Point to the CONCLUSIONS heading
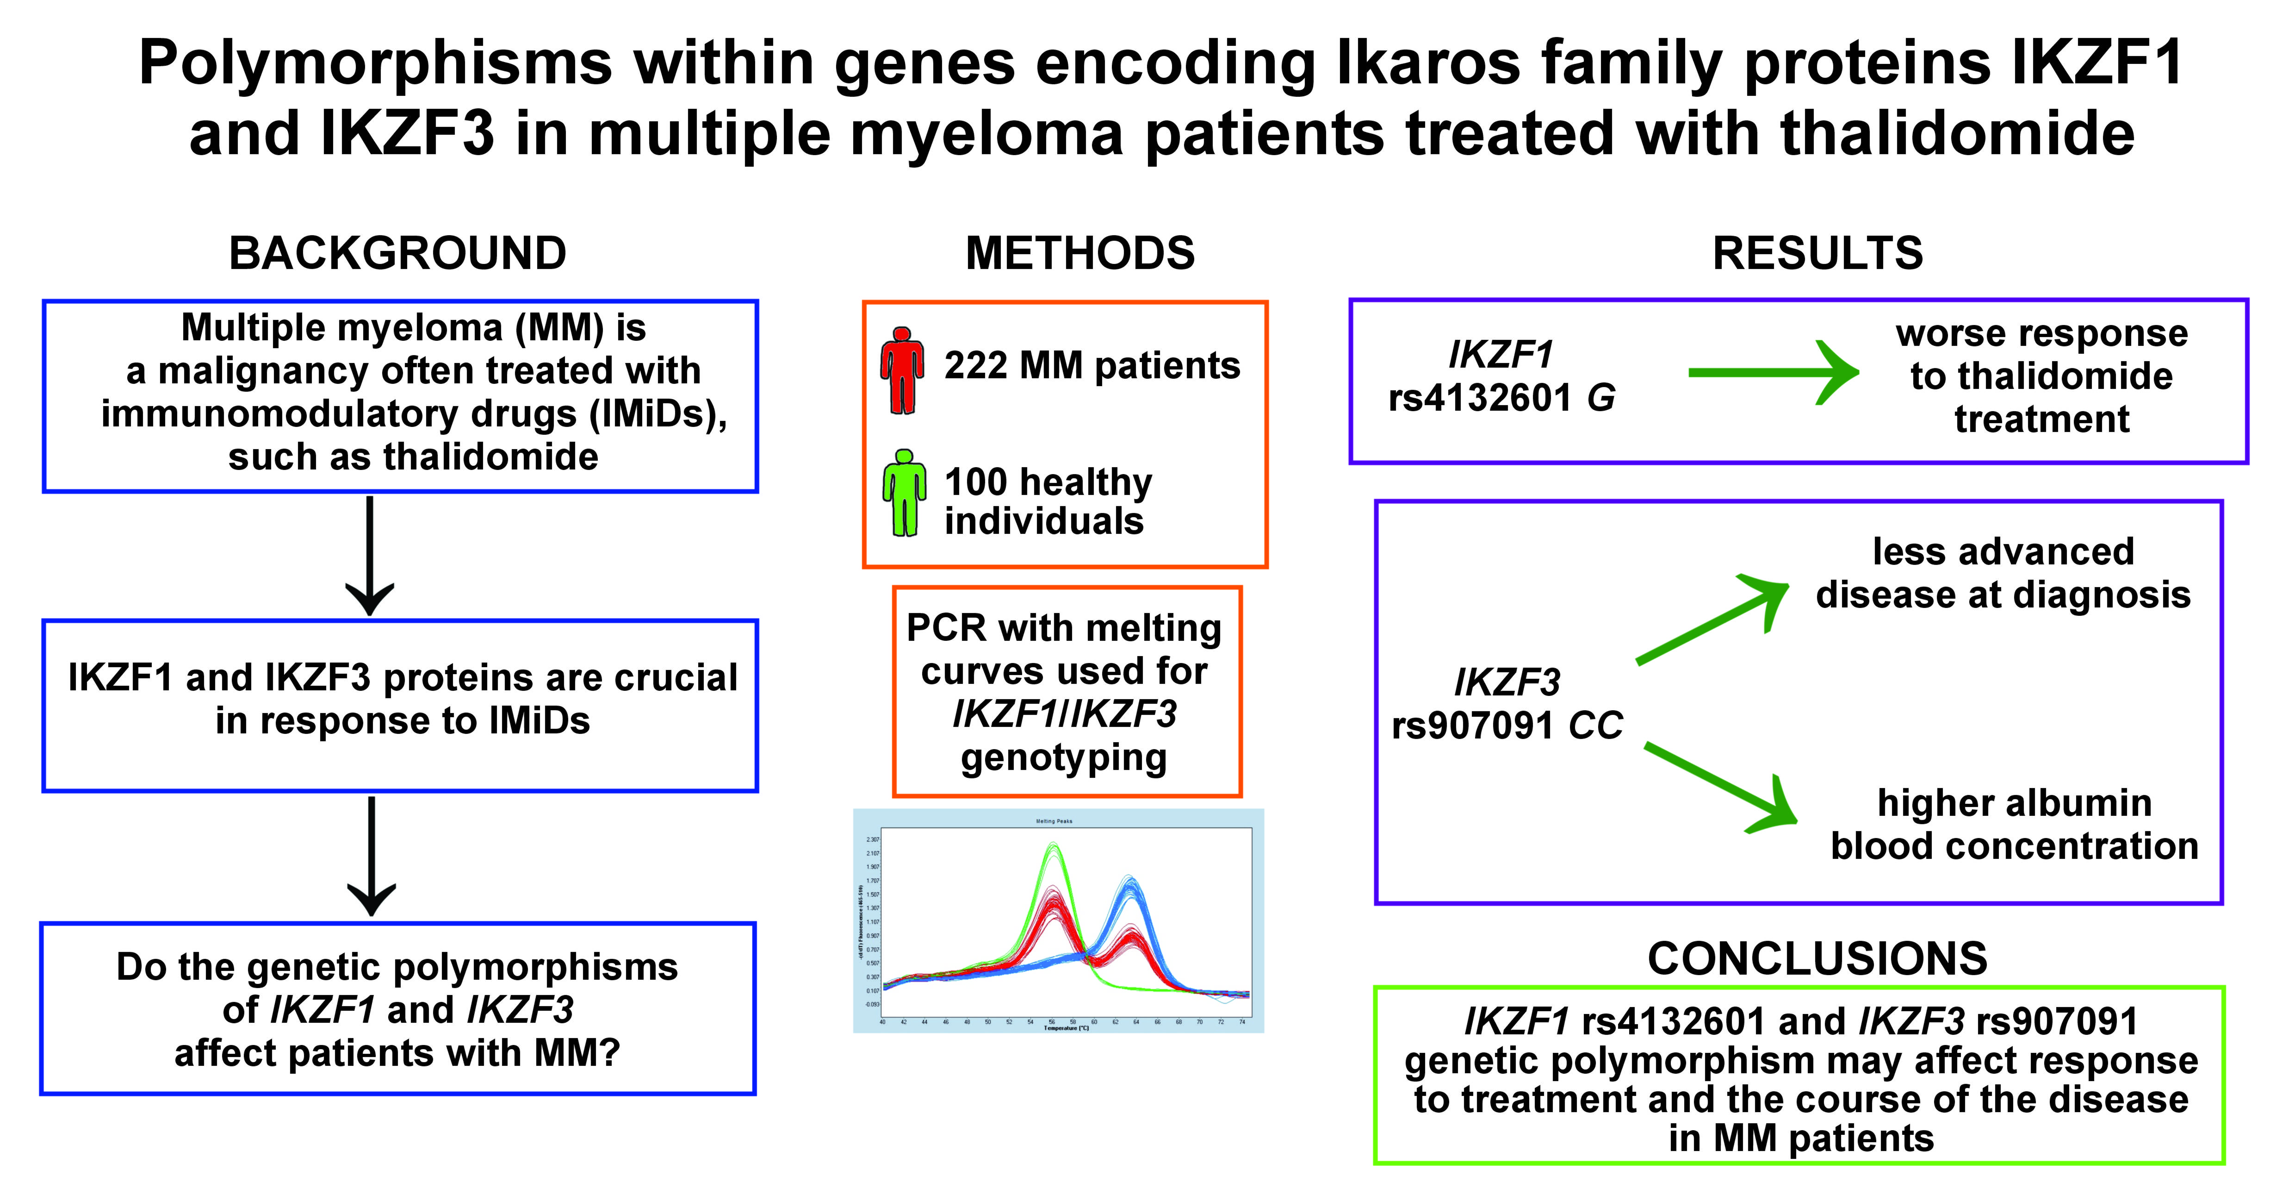point(1817,959)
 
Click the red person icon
point(902,370)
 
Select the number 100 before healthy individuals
point(975,482)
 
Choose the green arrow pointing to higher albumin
point(1719,786)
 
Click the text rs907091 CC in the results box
point(1507,726)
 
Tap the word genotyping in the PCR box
point(1064,757)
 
